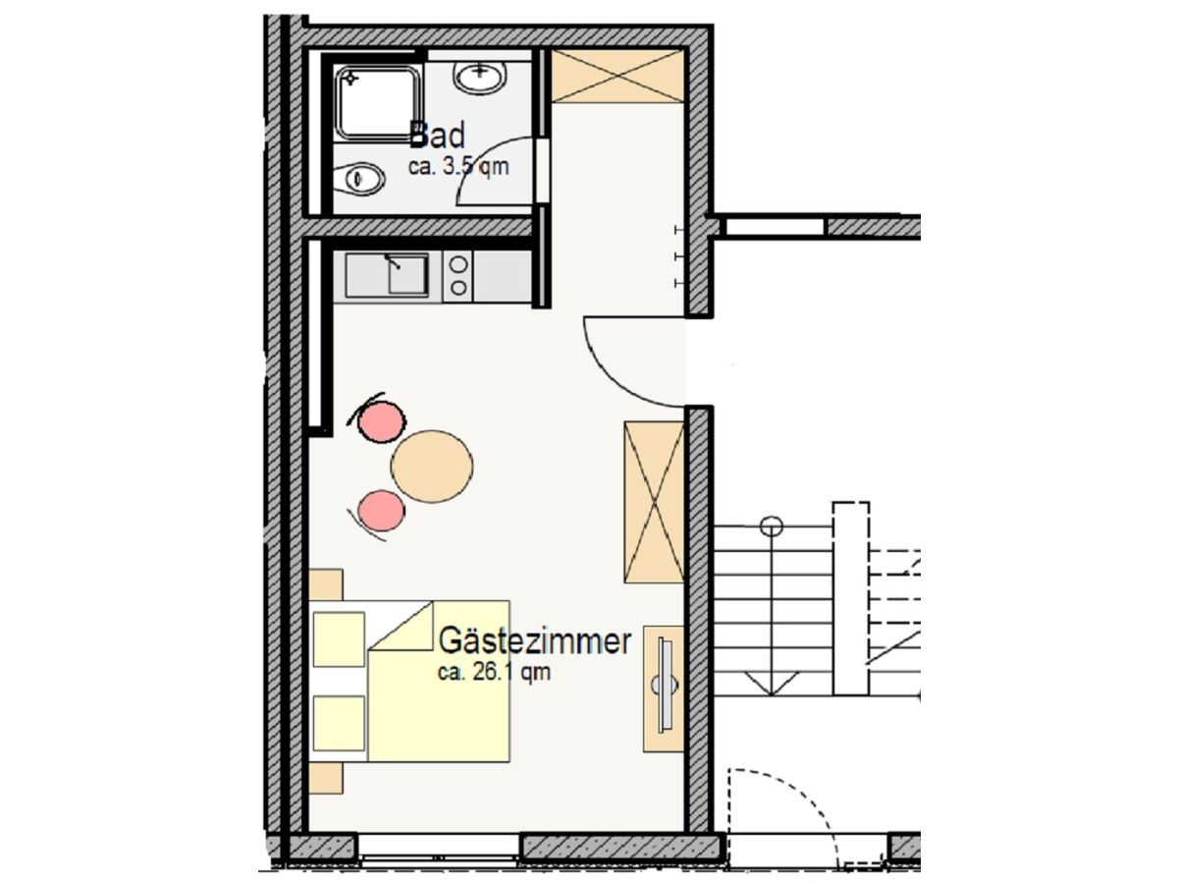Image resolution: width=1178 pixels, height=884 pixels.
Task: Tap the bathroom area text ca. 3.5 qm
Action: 457,166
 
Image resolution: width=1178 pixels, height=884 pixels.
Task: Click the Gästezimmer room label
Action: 535,641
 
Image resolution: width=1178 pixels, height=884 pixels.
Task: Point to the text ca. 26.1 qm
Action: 494,673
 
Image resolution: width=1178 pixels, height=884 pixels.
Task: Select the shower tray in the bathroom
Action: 378,102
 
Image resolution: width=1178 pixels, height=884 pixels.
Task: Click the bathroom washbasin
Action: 479,77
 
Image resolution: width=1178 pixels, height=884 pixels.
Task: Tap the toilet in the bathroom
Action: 358,178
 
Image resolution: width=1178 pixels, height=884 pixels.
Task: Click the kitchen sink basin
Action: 407,274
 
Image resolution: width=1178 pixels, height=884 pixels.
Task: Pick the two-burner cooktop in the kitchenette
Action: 457,276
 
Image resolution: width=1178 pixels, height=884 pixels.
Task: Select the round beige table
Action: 432,466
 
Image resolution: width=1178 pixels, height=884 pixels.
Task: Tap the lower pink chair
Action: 381,511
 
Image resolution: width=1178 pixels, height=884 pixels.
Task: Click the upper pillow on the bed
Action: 339,639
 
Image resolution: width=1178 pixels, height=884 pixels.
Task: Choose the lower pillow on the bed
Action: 339,724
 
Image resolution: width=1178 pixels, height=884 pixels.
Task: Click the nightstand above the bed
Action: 326,584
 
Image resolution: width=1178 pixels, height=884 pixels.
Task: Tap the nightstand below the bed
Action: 326,778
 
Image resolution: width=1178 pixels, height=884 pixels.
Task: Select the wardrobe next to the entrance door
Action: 654,502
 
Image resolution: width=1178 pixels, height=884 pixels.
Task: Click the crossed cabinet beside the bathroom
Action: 617,76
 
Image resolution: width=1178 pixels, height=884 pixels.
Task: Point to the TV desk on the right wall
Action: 664,689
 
